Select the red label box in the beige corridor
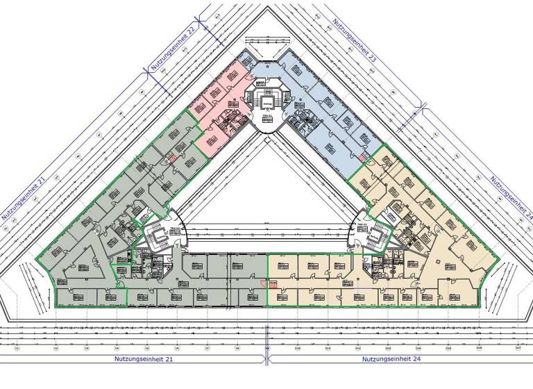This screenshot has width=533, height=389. click(273, 283)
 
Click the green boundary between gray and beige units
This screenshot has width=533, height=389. click(267, 278)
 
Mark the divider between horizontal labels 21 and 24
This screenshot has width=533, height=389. click(266, 359)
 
